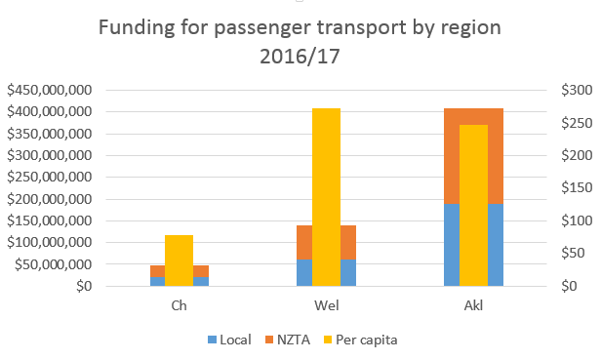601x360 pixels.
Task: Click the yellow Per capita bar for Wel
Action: click(x=326, y=197)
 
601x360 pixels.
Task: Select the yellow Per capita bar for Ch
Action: click(x=179, y=260)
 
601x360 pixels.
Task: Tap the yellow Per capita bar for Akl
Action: click(x=473, y=205)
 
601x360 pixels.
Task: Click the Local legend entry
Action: click(x=229, y=340)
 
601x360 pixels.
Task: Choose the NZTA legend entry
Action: click(x=288, y=340)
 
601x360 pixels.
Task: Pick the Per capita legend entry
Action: click(x=360, y=340)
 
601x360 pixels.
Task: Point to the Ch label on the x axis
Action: click(x=179, y=305)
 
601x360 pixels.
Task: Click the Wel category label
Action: click(x=327, y=305)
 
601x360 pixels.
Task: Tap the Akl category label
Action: click(x=474, y=305)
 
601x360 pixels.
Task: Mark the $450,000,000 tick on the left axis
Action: click(x=50, y=90)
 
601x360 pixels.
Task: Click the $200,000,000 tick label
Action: click(x=50, y=199)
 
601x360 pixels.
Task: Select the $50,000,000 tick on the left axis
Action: click(x=54, y=264)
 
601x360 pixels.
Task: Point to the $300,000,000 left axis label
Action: click(x=50, y=155)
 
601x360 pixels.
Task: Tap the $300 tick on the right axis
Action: click(x=577, y=90)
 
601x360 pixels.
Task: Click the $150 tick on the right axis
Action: click(x=577, y=188)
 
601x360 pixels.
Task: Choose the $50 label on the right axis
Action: click(x=573, y=253)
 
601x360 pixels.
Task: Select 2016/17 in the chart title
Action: click(x=300, y=57)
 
